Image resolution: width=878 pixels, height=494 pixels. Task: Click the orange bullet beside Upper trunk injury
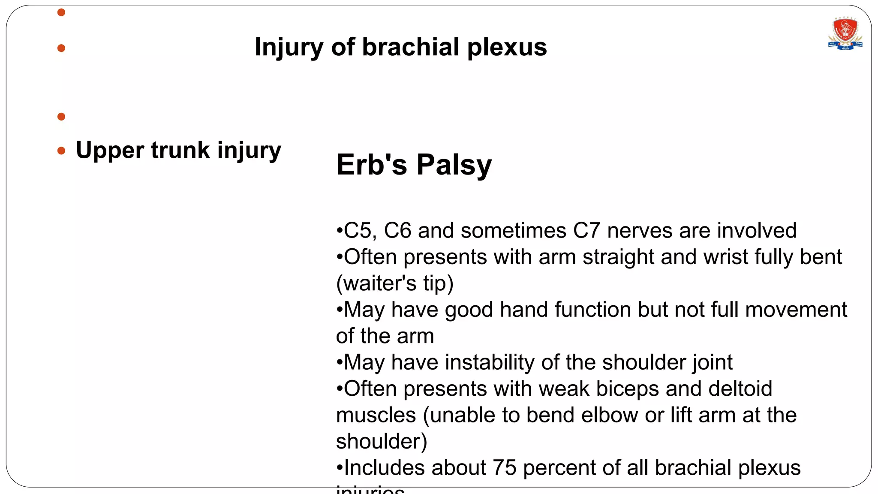click(x=61, y=151)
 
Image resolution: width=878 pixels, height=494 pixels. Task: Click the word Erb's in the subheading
click(x=371, y=165)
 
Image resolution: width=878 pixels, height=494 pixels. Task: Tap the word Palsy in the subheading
click(x=454, y=165)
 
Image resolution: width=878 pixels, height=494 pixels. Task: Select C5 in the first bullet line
click(x=358, y=231)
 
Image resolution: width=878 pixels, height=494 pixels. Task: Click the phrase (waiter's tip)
click(x=394, y=283)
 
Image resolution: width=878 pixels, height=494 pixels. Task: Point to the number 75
click(x=504, y=468)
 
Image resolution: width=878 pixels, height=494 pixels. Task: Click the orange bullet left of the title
click(x=61, y=48)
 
